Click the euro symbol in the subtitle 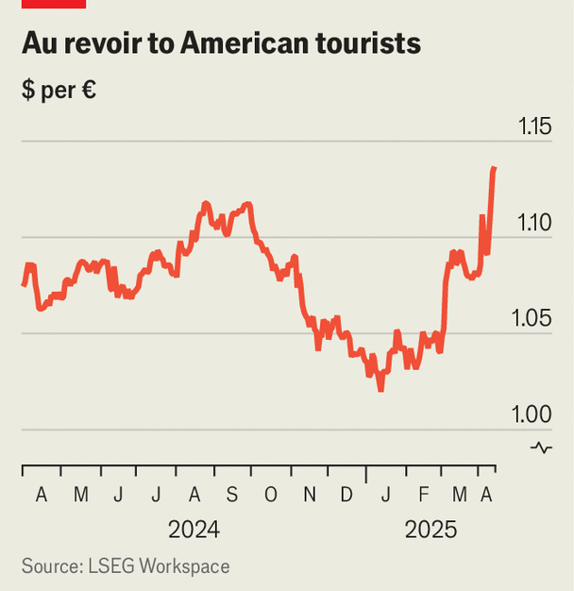[89, 92]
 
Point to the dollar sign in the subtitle [28, 92]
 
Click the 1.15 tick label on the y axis [535, 126]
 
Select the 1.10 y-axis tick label [535, 222]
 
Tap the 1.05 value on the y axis [535, 318]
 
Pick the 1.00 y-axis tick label [535, 414]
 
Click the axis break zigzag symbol [541, 447]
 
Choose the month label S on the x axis [232, 495]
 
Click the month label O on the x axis [271, 495]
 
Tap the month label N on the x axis [310, 495]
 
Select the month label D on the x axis [346, 495]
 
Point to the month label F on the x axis [422, 495]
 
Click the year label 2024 [194, 530]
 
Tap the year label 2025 [430, 530]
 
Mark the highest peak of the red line [495, 168]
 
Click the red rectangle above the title [55, 4]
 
